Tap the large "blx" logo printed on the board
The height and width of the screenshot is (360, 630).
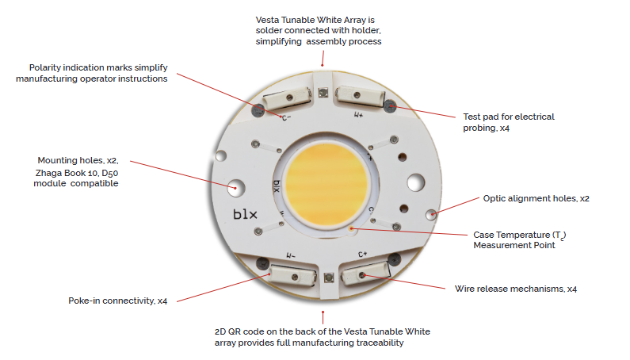coord(245,214)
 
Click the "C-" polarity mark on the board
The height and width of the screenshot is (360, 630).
coord(286,118)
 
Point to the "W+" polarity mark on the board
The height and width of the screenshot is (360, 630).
coord(358,115)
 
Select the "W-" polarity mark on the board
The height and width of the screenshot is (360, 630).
coord(291,256)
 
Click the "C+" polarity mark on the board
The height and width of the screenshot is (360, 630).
coord(362,255)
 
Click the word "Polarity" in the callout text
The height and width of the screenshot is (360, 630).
coord(44,68)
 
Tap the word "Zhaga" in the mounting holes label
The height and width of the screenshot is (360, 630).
coord(48,173)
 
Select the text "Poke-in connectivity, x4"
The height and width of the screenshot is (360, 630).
coord(118,301)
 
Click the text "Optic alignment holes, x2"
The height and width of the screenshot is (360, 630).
coord(536,198)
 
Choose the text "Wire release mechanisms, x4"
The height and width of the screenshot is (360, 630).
coord(516,289)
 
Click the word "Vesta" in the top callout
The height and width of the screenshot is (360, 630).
coord(267,20)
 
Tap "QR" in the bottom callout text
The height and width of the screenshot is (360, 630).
coord(235,331)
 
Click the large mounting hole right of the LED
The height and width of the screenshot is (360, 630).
coord(416,182)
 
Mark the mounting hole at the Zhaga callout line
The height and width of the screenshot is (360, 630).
coord(235,188)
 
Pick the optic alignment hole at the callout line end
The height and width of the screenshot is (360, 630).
coord(432,214)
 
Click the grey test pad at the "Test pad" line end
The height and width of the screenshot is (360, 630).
coord(389,106)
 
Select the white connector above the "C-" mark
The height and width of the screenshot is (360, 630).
coord(287,98)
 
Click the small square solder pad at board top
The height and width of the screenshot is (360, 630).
coord(323,93)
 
